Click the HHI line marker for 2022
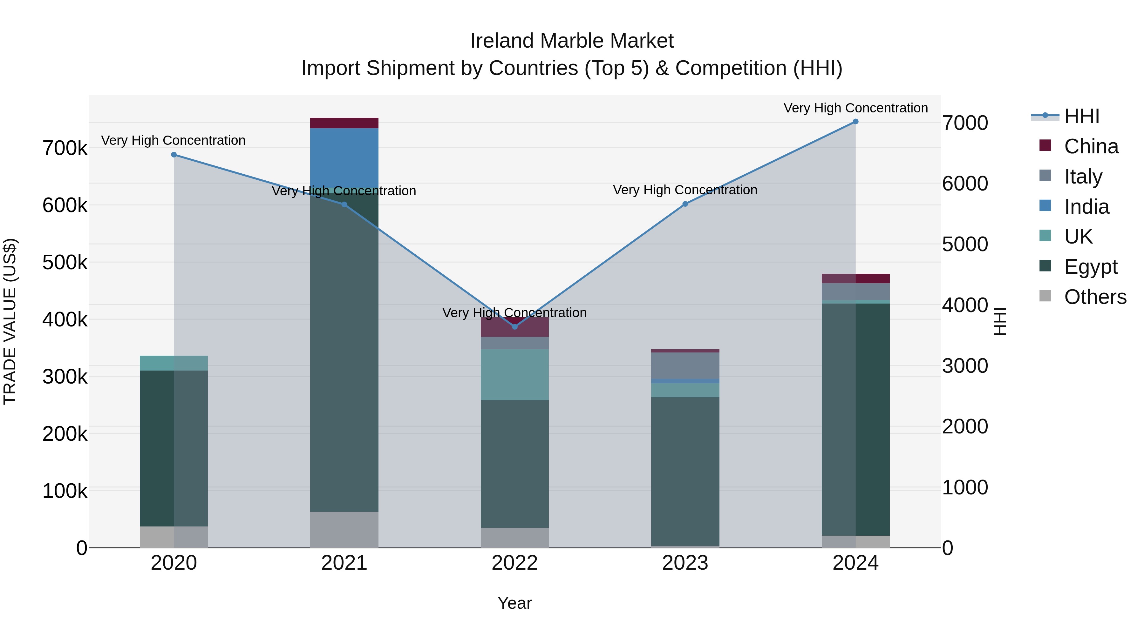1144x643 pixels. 515,327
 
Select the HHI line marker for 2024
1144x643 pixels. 855,122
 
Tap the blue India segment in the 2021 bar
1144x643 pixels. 344,157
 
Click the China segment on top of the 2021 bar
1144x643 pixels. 344,123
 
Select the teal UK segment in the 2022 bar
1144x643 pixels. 515,375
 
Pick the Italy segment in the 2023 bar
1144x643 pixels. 685,365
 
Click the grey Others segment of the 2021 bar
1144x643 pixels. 344,529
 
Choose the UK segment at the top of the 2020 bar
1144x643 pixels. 174,363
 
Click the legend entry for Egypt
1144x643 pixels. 1090,267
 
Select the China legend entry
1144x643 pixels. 1091,146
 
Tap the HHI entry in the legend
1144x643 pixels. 1081,116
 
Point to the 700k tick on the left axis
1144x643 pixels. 65,148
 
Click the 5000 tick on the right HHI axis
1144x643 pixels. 964,244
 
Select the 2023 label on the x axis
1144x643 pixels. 685,563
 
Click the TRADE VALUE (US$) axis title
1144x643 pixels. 10,321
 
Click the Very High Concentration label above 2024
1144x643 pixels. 855,108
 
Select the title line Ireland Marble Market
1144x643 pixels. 572,41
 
